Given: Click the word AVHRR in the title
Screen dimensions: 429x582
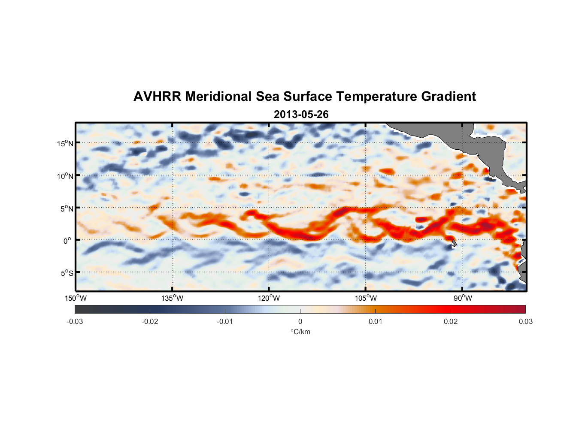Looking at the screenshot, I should point(157,97).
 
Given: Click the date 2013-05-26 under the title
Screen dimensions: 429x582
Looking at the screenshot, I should point(301,115).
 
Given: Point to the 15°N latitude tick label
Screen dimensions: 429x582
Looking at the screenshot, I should point(65,144).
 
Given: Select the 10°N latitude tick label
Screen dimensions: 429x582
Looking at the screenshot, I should point(65,176).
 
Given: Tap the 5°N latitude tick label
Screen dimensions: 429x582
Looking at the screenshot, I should point(67,208).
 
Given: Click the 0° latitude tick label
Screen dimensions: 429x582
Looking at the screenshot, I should point(67,241).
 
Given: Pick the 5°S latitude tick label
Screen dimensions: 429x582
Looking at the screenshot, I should point(67,273).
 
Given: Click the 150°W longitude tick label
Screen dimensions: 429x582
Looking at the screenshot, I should point(76,298).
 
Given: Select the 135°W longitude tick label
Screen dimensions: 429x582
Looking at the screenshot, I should point(172,298).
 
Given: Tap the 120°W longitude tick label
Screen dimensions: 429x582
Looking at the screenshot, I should point(269,298).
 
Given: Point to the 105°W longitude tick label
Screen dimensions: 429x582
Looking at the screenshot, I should point(366,298).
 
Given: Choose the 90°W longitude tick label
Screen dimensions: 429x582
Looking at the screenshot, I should point(463,298).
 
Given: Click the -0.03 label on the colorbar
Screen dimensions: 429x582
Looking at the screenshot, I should point(75,321).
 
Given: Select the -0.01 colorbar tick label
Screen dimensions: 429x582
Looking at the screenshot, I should point(225,321).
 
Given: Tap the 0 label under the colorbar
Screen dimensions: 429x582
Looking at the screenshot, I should point(300,321).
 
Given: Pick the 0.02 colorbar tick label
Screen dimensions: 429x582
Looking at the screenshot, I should point(451,321).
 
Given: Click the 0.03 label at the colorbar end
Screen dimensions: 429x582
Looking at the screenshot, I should point(525,321).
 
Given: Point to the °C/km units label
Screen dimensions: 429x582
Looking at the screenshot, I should point(300,332).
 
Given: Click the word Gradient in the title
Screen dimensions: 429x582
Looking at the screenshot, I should point(449,97).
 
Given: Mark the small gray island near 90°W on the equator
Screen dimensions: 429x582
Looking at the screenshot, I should point(454,244).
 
